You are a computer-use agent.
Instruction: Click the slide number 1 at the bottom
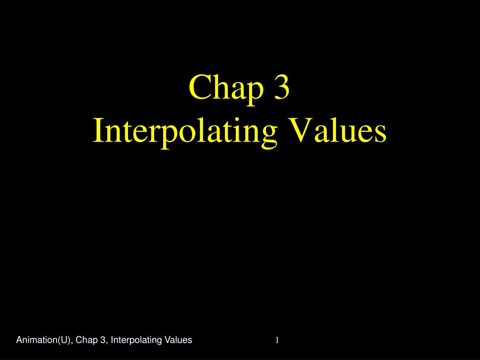pyautogui.click(x=277, y=340)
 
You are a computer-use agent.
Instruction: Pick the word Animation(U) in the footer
pyautogui.click(x=44, y=340)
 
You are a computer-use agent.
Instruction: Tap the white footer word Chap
pyautogui.click(x=87, y=340)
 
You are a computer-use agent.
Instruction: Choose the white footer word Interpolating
pyautogui.click(x=134, y=340)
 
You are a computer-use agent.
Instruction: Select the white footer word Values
pyautogui.click(x=176, y=340)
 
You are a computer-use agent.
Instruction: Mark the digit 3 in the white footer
pyautogui.click(x=103, y=340)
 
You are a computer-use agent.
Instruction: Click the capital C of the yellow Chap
pyautogui.click(x=199, y=88)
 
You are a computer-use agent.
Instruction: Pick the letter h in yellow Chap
pyautogui.click(x=217, y=87)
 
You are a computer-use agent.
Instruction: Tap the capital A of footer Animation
pyautogui.click(x=19, y=340)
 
